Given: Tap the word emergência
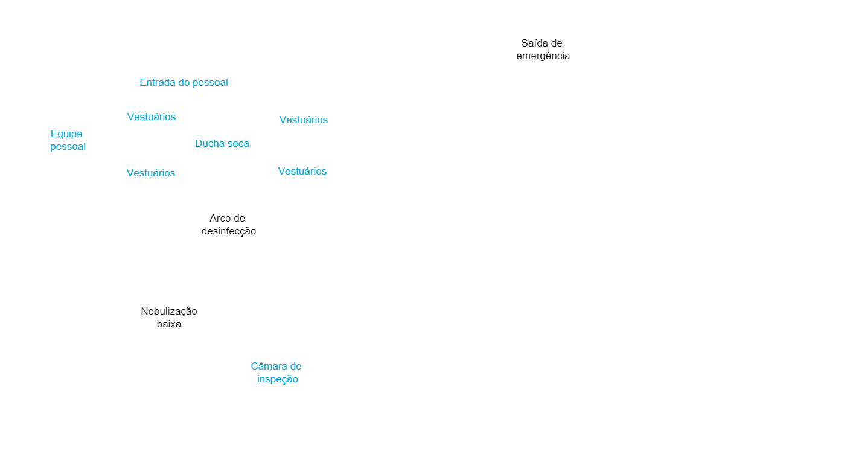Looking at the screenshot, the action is point(543,56).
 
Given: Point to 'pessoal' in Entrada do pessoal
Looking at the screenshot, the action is point(209,83).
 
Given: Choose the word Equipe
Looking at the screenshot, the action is point(66,134).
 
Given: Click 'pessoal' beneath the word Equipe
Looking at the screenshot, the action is point(68,147).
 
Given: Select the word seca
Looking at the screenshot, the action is point(237,143).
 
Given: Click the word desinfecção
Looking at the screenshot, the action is point(229,231).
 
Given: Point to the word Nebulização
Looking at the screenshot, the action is point(169,312).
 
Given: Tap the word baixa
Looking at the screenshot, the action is point(169,324).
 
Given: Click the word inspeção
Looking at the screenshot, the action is point(278,379).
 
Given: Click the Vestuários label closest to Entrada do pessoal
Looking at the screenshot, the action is point(152,117).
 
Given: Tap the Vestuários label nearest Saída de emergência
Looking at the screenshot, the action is point(304,120).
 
